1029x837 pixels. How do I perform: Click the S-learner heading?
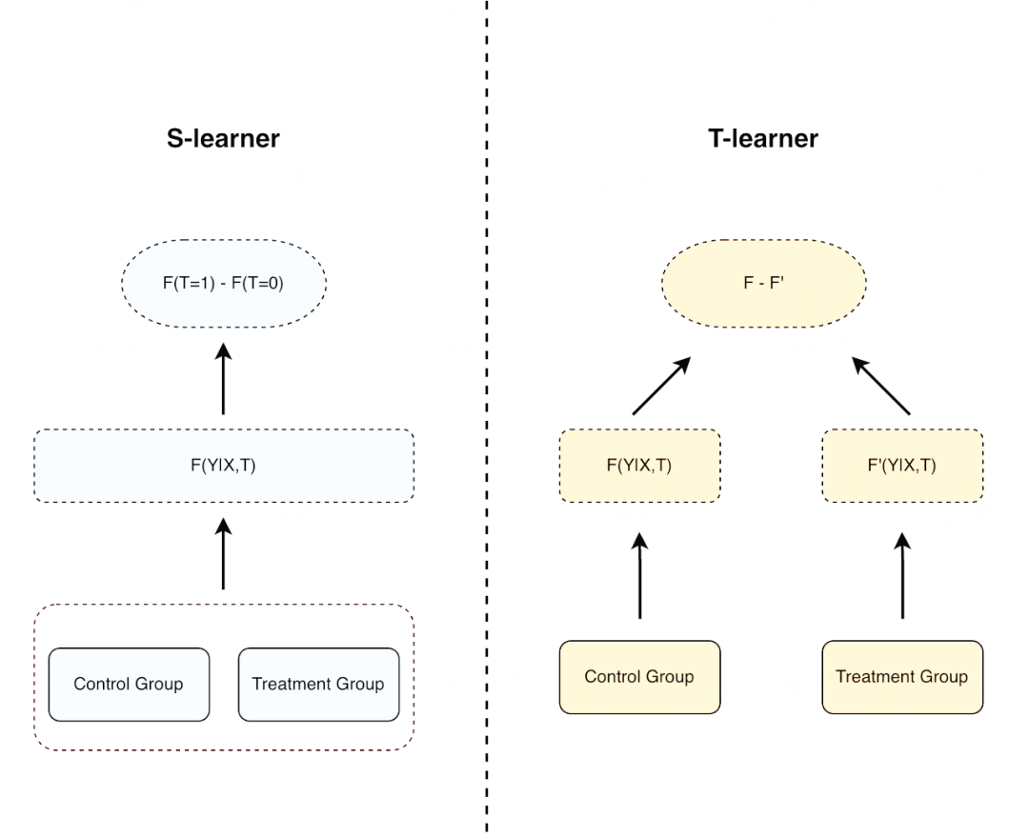click(223, 138)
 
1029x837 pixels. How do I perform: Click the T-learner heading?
click(763, 138)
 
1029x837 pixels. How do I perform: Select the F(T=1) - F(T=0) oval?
click(224, 284)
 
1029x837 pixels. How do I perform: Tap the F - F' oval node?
click(764, 284)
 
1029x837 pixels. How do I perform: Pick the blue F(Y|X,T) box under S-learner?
click(224, 466)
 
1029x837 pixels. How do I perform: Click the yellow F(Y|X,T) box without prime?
click(640, 466)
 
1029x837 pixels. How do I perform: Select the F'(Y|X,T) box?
click(902, 466)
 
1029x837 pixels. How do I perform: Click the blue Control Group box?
click(129, 684)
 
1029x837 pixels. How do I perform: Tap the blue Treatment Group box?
click(319, 684)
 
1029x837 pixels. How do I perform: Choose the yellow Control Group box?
click(640, 677)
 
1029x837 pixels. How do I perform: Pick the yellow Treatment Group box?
click(902, 677)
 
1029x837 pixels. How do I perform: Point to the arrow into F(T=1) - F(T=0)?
click(223, 378)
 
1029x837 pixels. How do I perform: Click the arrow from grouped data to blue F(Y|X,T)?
click(223, 553)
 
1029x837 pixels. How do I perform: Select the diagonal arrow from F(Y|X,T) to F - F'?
click(661, 386)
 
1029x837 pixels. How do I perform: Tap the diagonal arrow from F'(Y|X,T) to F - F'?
click(880, 386)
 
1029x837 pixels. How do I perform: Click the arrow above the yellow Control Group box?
click(640, 575)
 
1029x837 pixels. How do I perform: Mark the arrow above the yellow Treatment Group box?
click(902, 575)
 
